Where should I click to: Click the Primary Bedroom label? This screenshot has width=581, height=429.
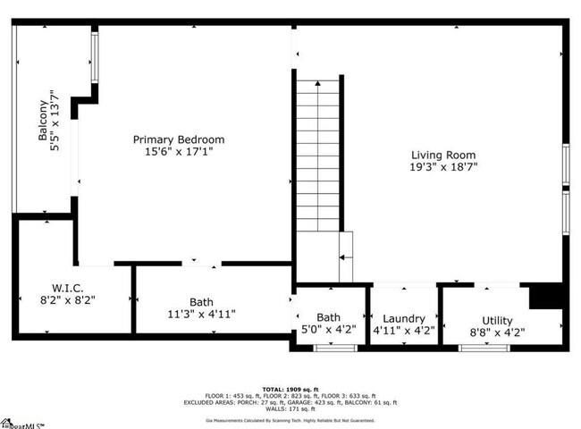tap(179, 139)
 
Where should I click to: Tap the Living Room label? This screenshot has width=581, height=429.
tap(444, 154)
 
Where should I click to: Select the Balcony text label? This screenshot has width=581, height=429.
tap(43, 121)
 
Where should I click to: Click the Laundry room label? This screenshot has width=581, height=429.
tap(403, 319)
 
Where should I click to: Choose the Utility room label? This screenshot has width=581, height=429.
tap(498, 319)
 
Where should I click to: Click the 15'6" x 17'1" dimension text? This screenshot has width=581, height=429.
tap(179, 153)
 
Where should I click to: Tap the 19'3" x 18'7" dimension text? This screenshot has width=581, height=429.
tap(444, 167)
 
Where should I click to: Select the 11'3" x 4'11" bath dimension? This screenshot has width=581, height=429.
tap(201, 315)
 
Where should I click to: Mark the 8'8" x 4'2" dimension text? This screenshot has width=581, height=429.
tap(498, 332)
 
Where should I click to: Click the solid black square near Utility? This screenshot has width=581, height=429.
tap(544, 296)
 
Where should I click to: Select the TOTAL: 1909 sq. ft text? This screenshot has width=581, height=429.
tap(290, 390)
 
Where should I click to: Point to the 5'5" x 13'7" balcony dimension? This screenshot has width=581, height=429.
tap(55, 121)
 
